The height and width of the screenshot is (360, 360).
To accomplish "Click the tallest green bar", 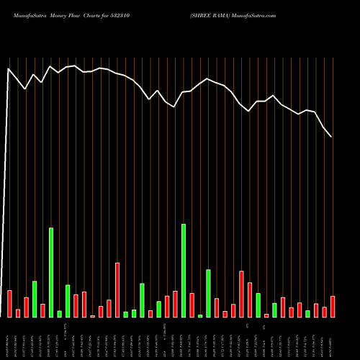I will (184, 271).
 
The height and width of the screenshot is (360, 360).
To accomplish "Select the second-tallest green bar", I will (51, 272).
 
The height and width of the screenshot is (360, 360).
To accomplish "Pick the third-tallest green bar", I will (209, 293).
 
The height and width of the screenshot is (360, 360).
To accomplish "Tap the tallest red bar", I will (117, 290).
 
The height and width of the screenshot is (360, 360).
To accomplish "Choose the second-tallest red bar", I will (242, 294).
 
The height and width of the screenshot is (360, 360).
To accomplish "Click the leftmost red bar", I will (9, 303).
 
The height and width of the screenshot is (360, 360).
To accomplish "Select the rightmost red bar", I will (333, 306).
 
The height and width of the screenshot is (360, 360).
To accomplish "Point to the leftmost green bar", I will (35, 299).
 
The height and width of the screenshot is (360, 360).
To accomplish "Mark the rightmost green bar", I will (307, 313).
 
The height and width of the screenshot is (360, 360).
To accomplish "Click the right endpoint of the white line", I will (331, 136).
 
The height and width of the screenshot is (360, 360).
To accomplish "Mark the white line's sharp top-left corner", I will (8, 69).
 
